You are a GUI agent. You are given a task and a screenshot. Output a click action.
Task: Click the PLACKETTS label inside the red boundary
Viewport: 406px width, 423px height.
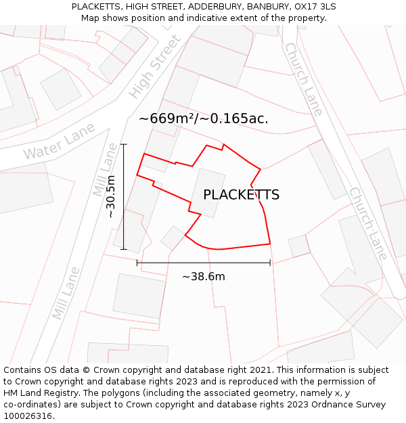[x=241, y=195]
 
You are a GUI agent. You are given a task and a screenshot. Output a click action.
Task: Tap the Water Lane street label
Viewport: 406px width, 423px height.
[x=59, y=146]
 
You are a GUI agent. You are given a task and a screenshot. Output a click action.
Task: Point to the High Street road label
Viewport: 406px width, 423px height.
[x=156, y=66]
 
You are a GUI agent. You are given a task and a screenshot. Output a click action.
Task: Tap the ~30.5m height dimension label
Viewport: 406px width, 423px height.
[x=112, y=196]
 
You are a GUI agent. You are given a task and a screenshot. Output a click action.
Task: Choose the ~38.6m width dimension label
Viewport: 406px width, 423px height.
[x=203, y=276]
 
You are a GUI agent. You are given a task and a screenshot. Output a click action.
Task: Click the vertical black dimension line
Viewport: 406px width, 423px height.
[x=123, y=196]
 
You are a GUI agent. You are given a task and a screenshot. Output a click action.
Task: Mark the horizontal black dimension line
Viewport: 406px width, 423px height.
[x=203, y=263]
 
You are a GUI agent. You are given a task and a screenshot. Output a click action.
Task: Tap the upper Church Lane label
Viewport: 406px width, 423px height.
[x=304, y=79]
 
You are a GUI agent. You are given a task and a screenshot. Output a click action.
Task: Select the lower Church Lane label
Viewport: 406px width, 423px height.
[x=368, y=223]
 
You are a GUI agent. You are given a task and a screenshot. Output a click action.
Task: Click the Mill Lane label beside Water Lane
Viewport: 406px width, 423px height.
[x=105, y=169]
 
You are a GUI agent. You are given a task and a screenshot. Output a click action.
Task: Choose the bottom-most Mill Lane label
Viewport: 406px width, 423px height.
[x=66, y=294]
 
